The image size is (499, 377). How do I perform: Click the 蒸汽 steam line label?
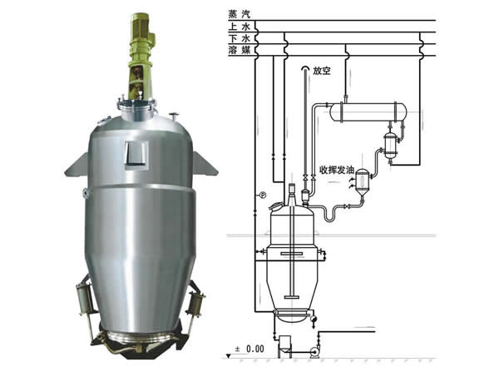click(240, 14)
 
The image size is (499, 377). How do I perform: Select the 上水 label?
click(240, 26)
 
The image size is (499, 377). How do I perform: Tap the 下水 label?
click(240, 38)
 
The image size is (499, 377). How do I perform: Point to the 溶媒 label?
click(240, 50)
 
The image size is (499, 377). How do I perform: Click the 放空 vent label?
click(322, 71)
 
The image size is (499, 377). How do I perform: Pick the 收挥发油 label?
click(337, 170)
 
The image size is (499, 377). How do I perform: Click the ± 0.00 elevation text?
click(249, 349)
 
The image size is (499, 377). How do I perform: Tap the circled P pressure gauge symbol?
click(263, 195)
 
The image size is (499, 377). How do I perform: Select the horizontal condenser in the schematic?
click(368, 112)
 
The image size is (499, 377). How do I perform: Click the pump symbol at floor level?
click(316, 352)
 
